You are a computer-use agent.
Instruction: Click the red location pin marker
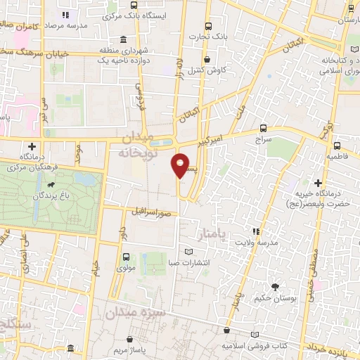(x=181, y=165)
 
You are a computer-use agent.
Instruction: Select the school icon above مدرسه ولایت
(x=257, y=231)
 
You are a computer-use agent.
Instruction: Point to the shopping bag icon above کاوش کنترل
(x=206, y=60)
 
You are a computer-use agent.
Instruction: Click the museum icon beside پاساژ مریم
(x=70, y=349)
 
